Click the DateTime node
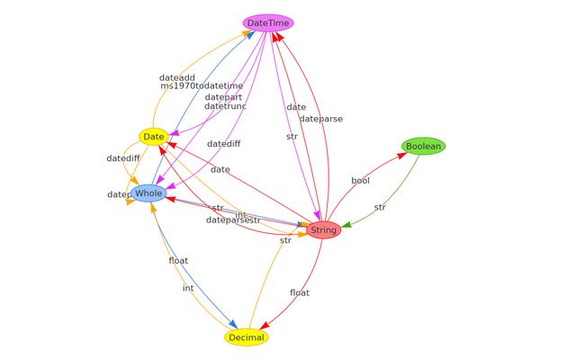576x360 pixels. pos(268,22)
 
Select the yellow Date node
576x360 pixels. pos(154,137)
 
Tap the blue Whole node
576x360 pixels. pos(149,193)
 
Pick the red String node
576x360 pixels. pos(323,229)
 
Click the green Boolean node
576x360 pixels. pos(423,146)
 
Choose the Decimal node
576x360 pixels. pos(247,337)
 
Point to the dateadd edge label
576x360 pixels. pos(176,77)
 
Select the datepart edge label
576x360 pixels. pos(223,97)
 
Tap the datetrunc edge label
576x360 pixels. pos(225,106)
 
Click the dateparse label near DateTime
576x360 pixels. pos(320,119)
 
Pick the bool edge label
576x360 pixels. pos(360,181)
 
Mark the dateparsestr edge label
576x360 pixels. pos(233,220)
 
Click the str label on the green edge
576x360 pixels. pos(380,207)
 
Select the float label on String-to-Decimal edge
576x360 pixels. pos(300,292)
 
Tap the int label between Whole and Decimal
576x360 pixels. pos(188,288)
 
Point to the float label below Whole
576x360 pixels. pos(178,261)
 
